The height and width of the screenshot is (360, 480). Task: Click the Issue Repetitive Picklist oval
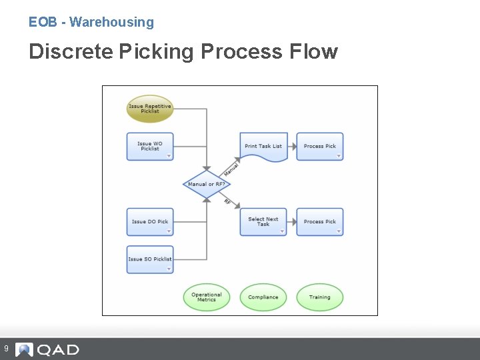(150, 109)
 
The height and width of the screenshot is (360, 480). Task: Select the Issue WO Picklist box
(150, 146)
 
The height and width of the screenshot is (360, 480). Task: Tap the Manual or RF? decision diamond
(207, 184)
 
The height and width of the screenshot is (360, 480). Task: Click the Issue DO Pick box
(150, 221)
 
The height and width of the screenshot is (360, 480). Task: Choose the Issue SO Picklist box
(150, 259)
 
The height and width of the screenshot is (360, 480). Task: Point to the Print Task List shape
(263, 146)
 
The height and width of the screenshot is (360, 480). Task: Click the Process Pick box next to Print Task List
(320, 146)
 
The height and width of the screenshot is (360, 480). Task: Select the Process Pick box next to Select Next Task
(320, 221)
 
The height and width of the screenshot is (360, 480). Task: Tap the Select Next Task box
(263, 221)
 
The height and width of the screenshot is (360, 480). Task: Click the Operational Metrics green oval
(207, 297)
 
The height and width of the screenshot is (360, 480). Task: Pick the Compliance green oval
(263, 297)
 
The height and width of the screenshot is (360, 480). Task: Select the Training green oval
(320, 297)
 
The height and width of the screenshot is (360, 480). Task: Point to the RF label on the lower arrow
(227, 201)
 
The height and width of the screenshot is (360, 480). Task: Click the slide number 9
(6, 349)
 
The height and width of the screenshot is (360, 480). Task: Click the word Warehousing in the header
(111, 22)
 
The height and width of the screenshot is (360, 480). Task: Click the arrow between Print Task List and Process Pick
(292, 146)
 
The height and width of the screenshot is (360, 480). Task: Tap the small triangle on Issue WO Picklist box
(169, 157)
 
